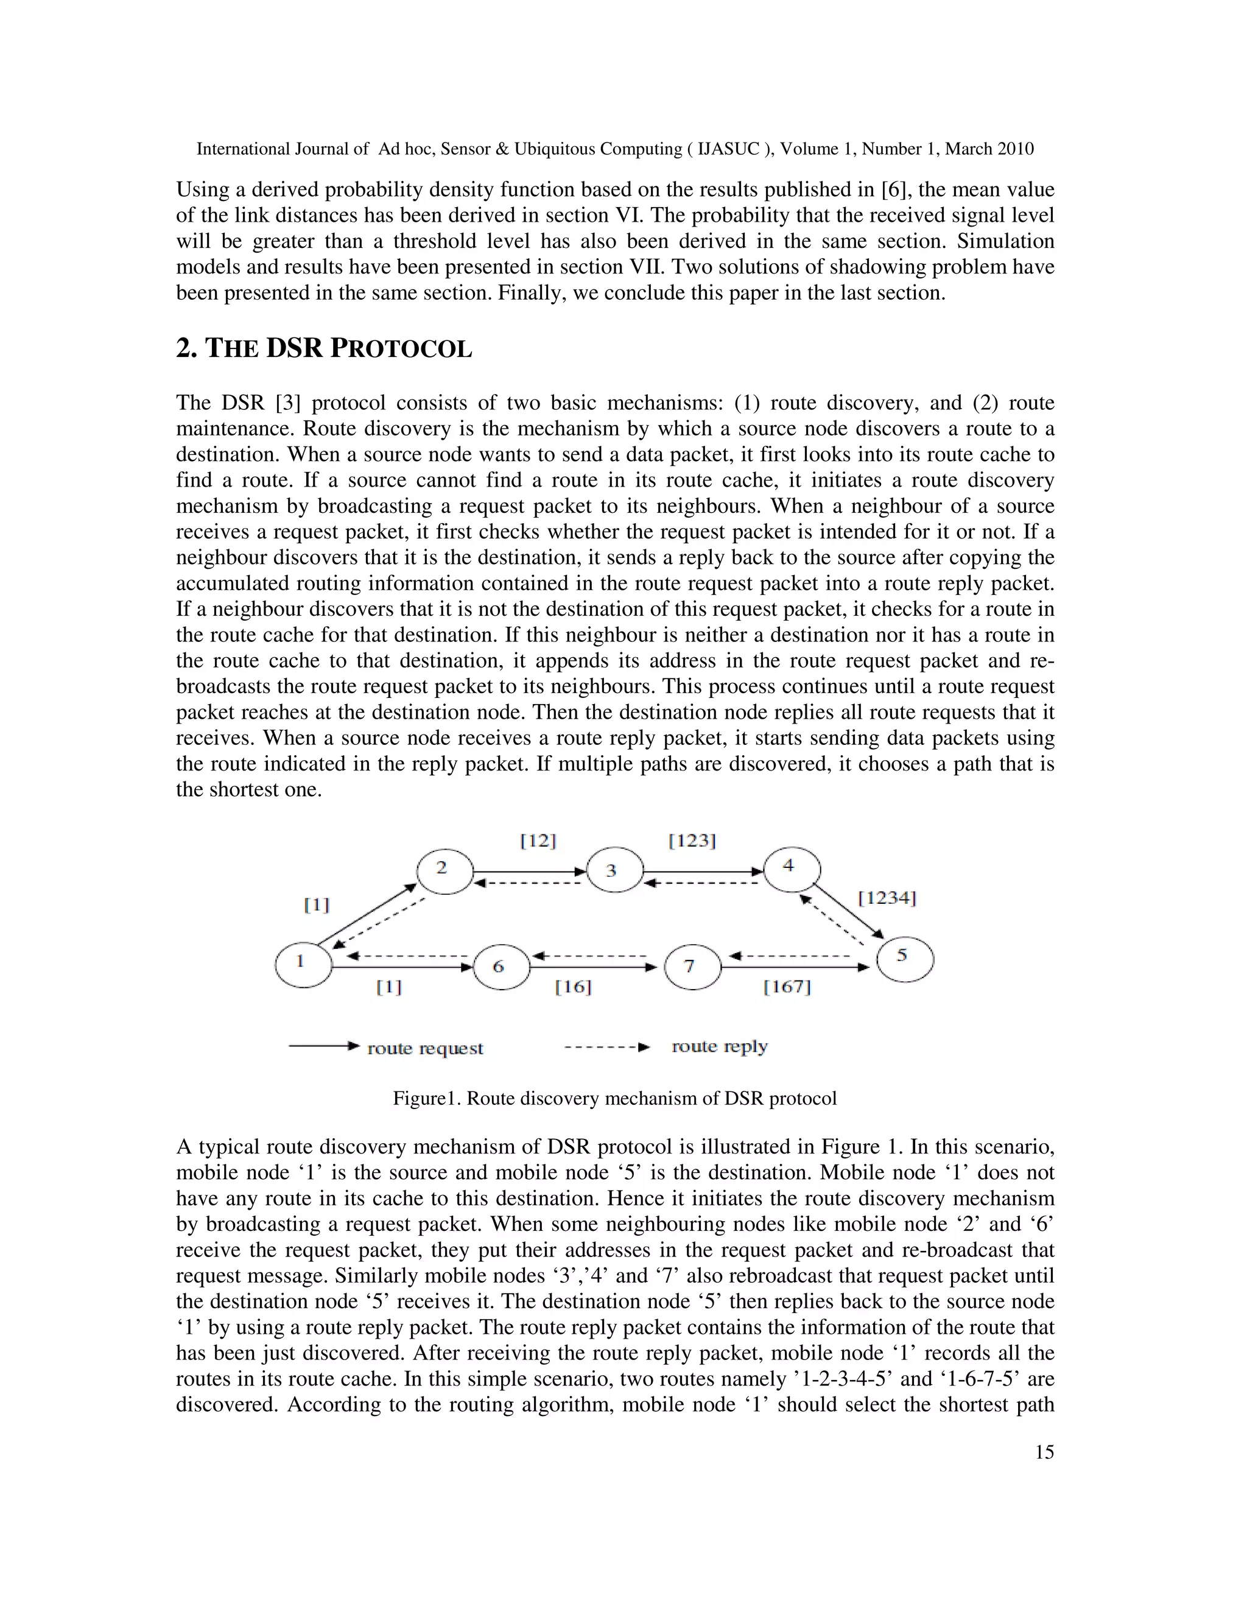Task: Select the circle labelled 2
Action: pyautogui.click(x=444, y=872)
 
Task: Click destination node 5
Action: pyautogui.click(x=904, y=959)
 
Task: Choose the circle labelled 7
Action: pyautogui.click(x=692, y=967)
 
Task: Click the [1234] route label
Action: pyautogui.click(x=887, y=898)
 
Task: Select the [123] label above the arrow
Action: pyautogui.click(x=692, y=841)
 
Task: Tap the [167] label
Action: pyautogui.click(x=787, y=987)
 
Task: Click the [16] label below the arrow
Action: pyautogui.click(x=572, y=987)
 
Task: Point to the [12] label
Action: pyautogui.click(x=538, y=841)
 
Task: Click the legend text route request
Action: pyautogui.click(x=425, y=1049)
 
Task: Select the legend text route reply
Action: pyautogui.click(x=719, y=1046)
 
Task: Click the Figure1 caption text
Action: pyautogui.click(x=614, y=1099)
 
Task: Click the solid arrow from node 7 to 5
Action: pyautogui.click(x=795, y=967)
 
